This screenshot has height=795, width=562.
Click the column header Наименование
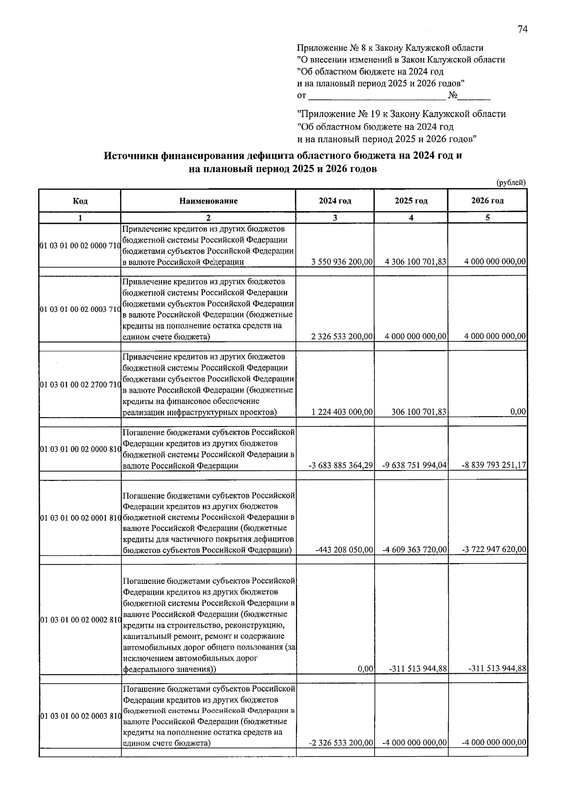[208, 201]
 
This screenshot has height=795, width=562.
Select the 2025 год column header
[411, 201]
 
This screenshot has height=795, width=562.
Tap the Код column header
[80, 201]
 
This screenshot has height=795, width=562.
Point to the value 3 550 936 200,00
[341, 262]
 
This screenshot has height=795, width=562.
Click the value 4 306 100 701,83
[415, 262]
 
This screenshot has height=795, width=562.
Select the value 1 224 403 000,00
[341, 412]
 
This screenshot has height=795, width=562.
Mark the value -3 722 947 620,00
[494, 550]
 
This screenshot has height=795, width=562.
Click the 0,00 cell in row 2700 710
[518, 412]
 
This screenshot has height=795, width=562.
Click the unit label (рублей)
[510, 183]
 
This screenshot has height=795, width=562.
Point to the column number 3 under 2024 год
[334, 218]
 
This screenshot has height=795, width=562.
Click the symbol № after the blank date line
[453, 96]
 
